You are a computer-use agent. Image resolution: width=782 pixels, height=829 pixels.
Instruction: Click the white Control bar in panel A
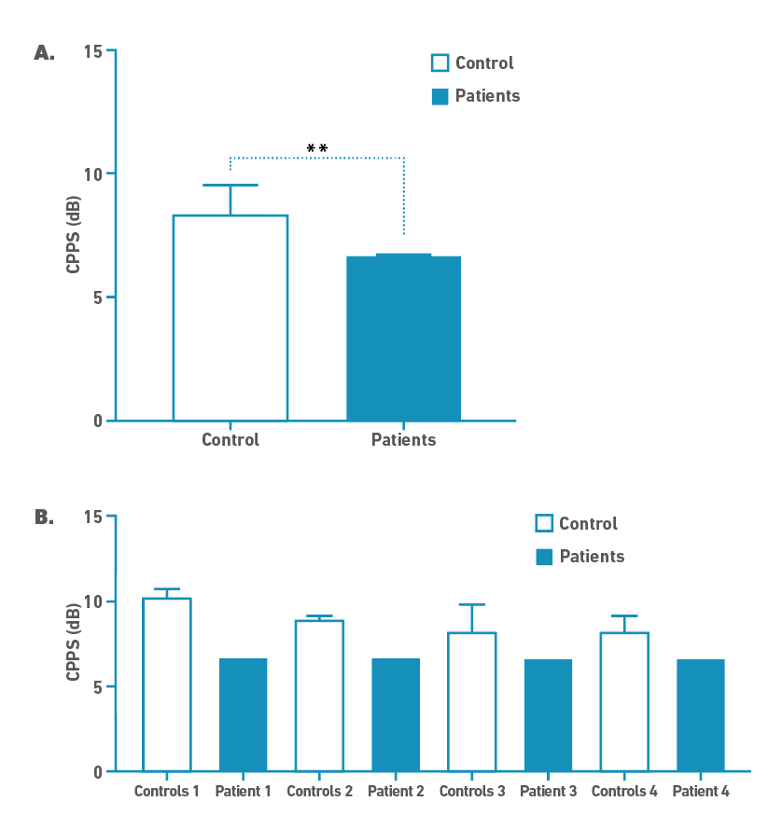[x=230, y=317]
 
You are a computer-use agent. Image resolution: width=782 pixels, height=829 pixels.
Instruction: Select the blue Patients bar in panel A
[x=403, y=338]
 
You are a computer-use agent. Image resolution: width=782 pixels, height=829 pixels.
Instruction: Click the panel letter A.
[x=44, y=53]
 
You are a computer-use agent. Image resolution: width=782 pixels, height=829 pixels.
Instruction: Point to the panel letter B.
[x=44, y=517]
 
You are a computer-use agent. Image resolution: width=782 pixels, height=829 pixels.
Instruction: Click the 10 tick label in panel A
[x=91, y=173]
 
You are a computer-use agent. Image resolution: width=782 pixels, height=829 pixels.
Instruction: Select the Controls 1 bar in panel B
[x=167, y=684]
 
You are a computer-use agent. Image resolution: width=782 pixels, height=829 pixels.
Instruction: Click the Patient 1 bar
[x=244, y=714]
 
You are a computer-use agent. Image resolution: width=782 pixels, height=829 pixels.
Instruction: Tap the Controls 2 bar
[x=319, y=696]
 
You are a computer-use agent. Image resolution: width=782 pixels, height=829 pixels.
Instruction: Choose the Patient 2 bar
[x=396, y=714]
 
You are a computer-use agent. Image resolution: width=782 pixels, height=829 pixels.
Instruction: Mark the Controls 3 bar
[x=472, y=701]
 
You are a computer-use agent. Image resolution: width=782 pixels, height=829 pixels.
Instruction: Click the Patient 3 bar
[x=548, y=714]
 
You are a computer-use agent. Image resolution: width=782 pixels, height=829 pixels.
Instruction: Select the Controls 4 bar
[x=624, y=701]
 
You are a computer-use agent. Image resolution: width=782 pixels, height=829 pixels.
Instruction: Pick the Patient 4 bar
[x=701, y=714]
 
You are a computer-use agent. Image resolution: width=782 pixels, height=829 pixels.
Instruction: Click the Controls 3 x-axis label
[x=472, y=792]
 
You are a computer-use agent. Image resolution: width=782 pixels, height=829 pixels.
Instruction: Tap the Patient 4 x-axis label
[x=701, y=792]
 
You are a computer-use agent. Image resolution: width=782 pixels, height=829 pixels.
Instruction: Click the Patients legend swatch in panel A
[x=440, y=96]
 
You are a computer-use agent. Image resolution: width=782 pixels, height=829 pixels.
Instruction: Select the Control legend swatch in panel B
[x=544, y=524]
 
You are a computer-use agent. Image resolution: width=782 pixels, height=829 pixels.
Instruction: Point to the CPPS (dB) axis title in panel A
[x=73, y=235]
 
